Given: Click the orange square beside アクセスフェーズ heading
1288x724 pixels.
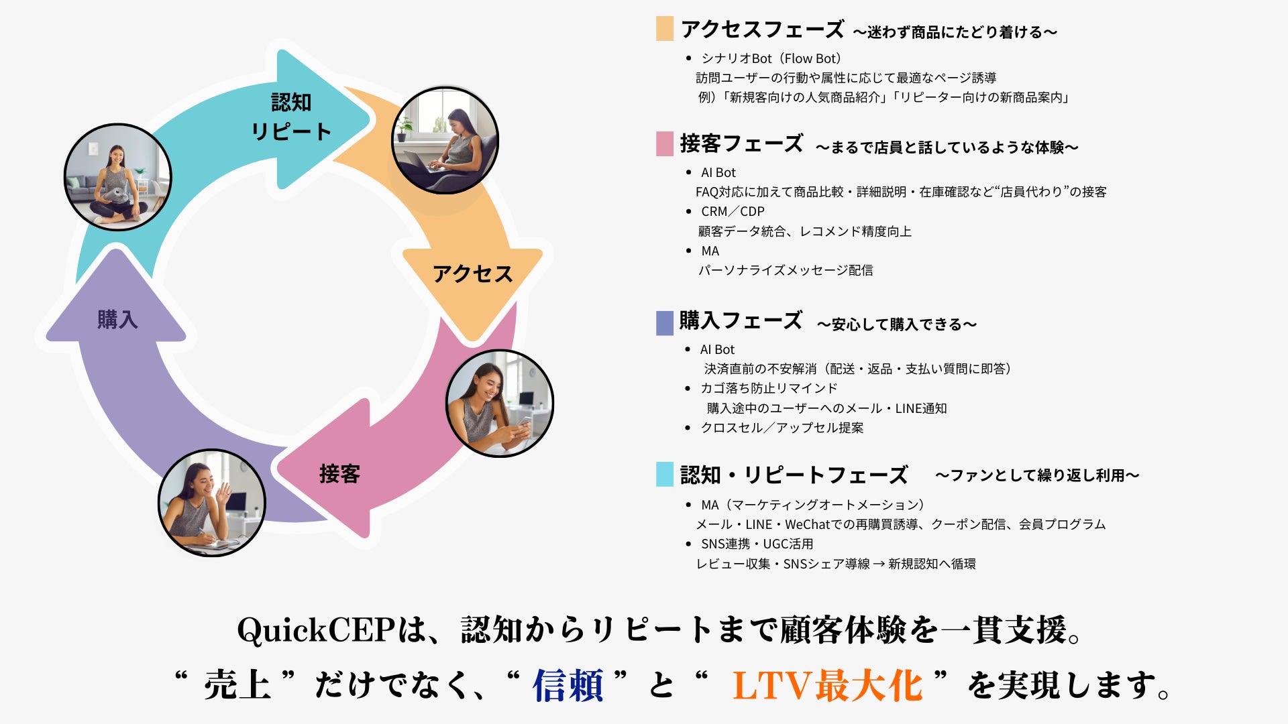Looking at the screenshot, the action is (x=665, y=29).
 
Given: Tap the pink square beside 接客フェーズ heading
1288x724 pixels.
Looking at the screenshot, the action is (x=665, y=144).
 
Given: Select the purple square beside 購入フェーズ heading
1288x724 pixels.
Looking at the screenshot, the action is (x=665, y=323).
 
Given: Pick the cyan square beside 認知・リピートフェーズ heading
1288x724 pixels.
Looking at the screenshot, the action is (x=665, y=474).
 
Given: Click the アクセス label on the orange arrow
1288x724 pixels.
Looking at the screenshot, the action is (x=473, y=274).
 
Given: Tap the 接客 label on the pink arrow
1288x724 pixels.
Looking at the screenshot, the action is (x=339, y=474).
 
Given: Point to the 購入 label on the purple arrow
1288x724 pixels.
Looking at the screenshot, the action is (x=117, y=319).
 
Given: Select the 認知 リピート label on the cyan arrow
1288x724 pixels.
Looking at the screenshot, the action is (x=291, y=117).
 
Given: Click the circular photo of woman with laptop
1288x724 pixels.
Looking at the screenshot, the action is (x=445, y=140).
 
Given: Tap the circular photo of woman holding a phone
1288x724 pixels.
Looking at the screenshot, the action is (x=500, y=403).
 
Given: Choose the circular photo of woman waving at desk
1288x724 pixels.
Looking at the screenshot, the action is (x=212, y=503).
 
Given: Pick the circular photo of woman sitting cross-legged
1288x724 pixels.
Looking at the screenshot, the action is (x=118, y=177).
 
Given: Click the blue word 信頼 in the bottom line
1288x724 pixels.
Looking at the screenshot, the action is (x=568, y=686).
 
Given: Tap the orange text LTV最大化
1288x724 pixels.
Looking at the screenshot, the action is (x=827, y=686).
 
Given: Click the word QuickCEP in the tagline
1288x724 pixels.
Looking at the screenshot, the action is (x=315, y=630).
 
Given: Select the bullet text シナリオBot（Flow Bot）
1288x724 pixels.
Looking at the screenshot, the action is (x=771, y=58).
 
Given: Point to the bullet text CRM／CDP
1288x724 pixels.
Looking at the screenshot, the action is (x=733, y=211).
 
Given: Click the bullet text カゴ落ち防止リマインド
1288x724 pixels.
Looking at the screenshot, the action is (x=769, y=388).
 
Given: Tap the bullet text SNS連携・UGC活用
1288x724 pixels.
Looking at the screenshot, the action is (x=757, y=544).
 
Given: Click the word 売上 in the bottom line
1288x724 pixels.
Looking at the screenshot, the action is (x=237, y=686).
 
